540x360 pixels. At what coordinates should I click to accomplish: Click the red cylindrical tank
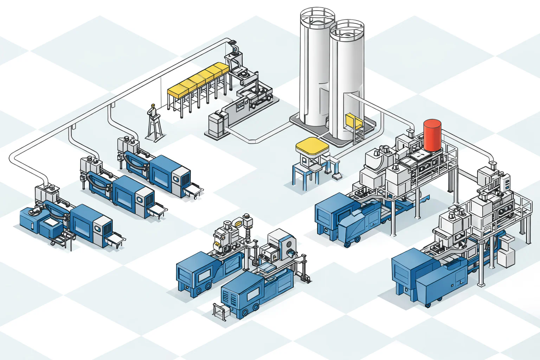click(x=432, y=135)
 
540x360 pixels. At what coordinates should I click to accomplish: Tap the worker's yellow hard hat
click(x=153, y=105)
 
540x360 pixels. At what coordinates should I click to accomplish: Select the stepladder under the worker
click(x=155, y=128)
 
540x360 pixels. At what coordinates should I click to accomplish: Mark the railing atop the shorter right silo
click(x=347, y=28)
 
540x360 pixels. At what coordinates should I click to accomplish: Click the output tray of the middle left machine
click(x=157, y=211)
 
